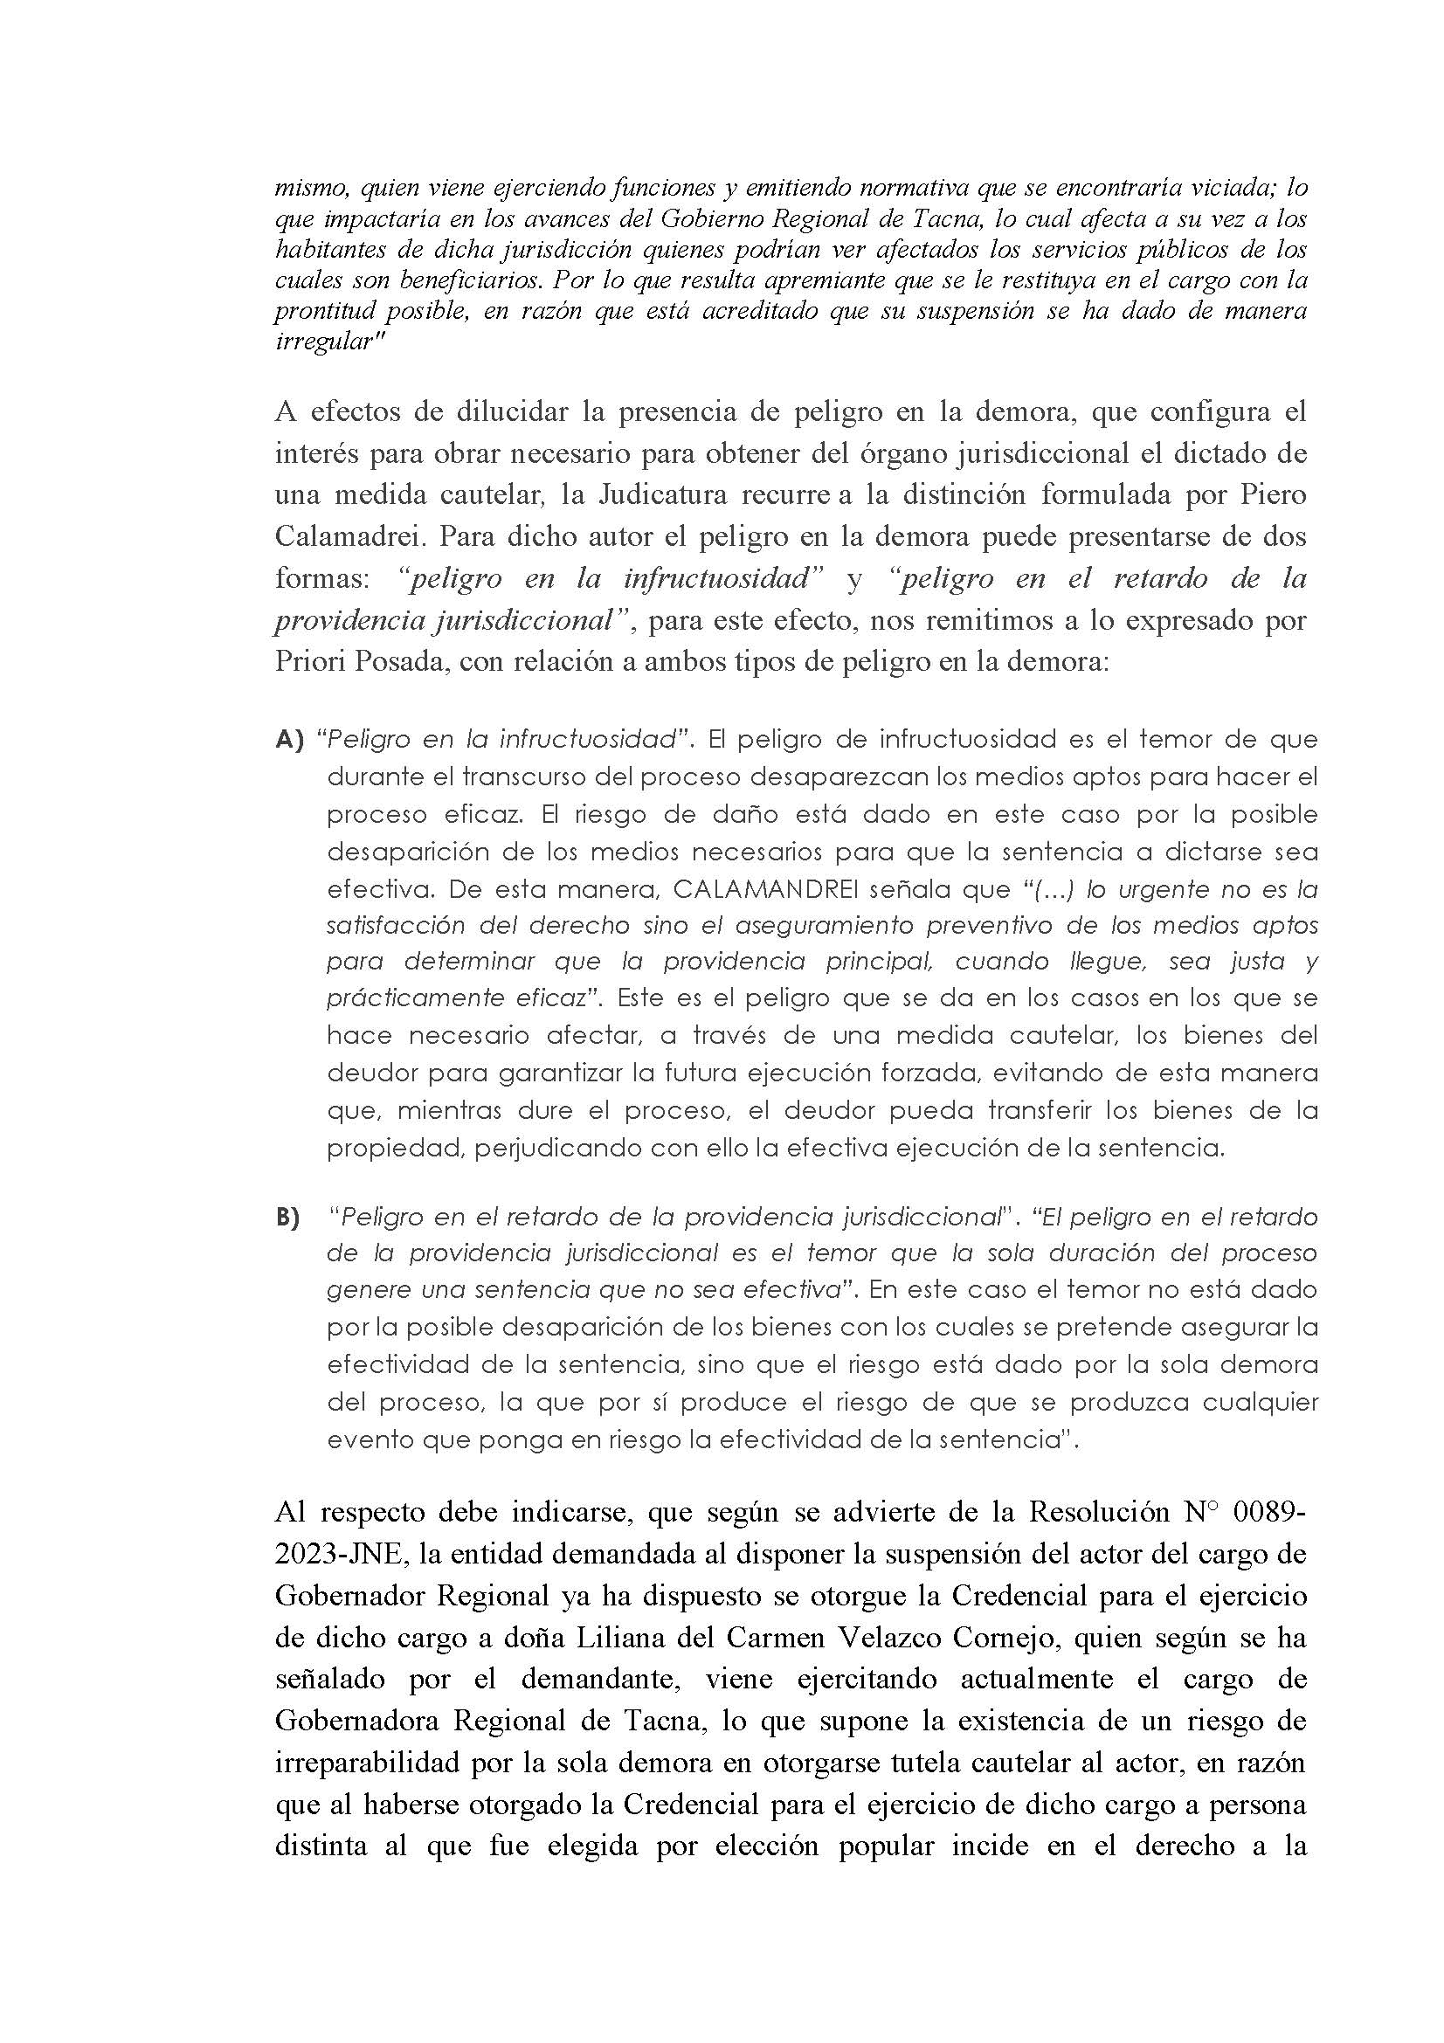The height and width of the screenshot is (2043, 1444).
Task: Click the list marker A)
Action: pos(290,740)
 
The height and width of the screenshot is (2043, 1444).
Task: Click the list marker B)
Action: pos(287,1218)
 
